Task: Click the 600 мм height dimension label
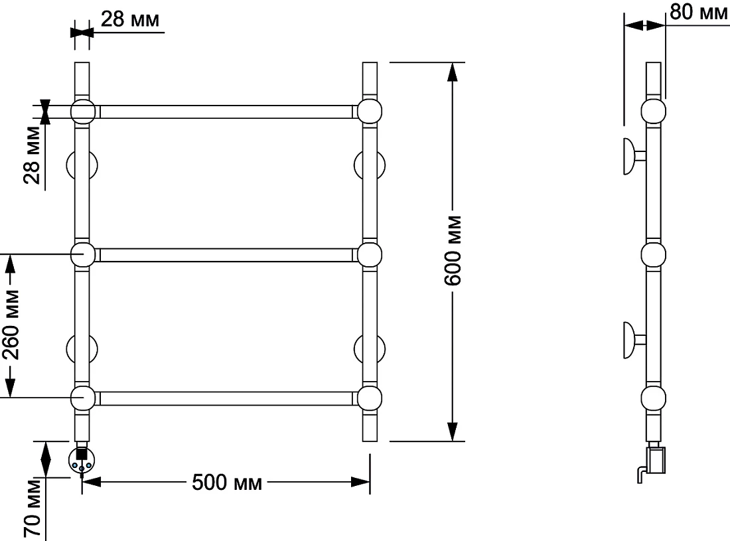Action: pyautogui.click(x=453, y=250)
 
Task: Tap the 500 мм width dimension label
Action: pyautogui.click(x=227, y=483)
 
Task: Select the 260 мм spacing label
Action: pyautogui.click(x=11, y=325)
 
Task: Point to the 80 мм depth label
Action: pyautogui.click(x=698, y=12)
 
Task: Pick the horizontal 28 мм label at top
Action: pyautogui.click(x=130, y=19)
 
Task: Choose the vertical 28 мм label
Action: pyautogui.click(x=33, y=155)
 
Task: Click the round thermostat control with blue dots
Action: pyautogui.click(x=82, y=460)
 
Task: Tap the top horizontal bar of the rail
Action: pyautogui.click(x=226, y=112)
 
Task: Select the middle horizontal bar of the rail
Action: pyautogui.click(x=226, y=255)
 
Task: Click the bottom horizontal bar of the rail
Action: pyautogui.click(x=226, y=398)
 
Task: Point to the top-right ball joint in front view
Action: pyautogui.click(x=370, y=112)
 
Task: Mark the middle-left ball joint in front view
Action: pyautogui.click(x=83, y=255)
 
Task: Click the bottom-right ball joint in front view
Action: pyautogui.click(x=370, y=398)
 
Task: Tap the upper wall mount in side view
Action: pyautogui.click(x=634, y=156)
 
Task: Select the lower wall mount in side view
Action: pyautogui.click(x=634, y=340)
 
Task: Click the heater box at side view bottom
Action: pyautogui.click(x=656, y=460)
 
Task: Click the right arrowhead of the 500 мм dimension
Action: pyautogui.click(x=360, y=482)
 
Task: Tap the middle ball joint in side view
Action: pyautogui.click(x=653, y=255)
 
